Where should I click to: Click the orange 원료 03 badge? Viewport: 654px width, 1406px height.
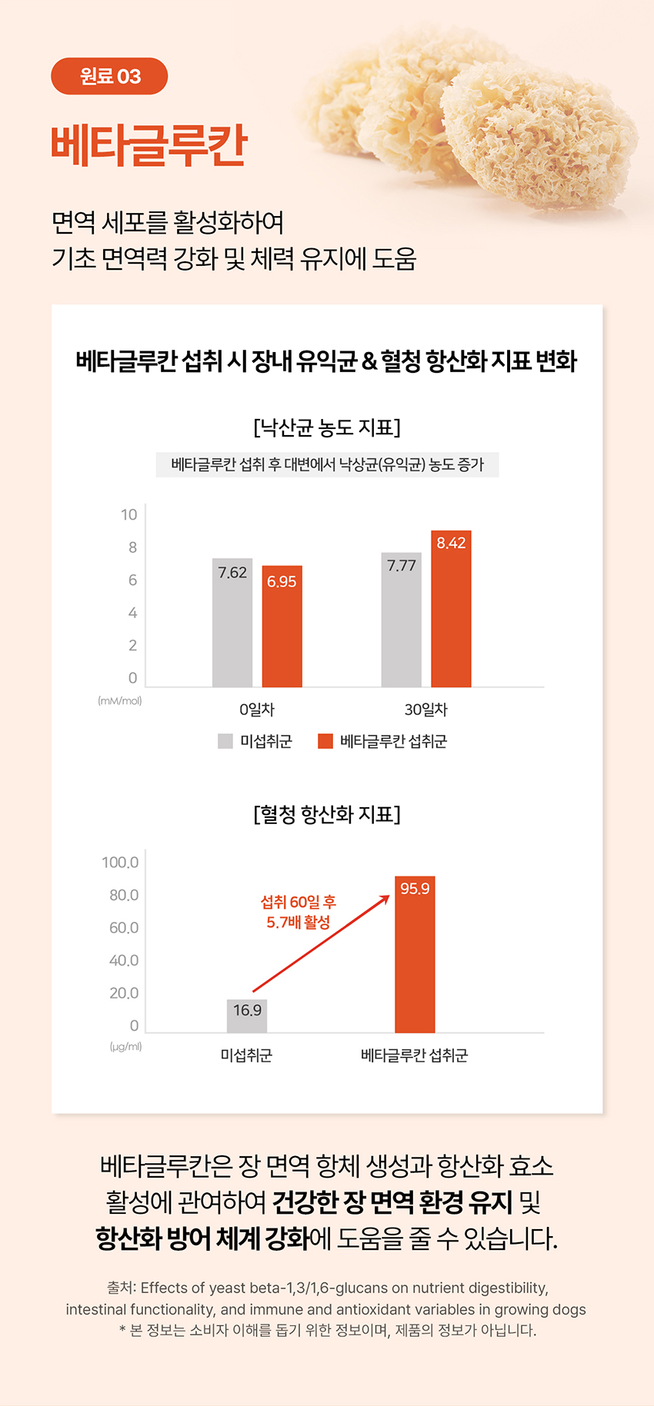pos(109,76)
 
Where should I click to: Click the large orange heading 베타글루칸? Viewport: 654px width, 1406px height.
pos(149,145)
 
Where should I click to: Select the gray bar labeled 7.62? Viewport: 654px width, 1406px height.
pos(232,623)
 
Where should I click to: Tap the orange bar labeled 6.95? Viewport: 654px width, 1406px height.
pos(282,627)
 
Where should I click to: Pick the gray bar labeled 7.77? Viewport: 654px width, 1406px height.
pos(402,620)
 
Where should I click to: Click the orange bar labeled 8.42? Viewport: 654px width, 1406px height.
pos(451,609)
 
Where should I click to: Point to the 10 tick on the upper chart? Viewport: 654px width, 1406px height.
pos(129,515)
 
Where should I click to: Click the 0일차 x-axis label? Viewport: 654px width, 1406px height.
pos(257,710)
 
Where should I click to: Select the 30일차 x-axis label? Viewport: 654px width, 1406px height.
pos(426,710)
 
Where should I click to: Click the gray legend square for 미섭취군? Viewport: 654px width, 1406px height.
pos(225,741)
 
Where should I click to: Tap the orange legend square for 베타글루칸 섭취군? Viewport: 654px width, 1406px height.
pos(325,741)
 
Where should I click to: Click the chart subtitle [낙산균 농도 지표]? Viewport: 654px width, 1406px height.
pos(327,427)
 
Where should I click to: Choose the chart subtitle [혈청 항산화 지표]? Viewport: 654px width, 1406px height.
pos(327,814)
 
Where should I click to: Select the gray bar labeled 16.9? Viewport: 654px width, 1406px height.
pos(247,1016)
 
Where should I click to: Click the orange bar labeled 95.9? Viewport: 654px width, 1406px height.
pos(415,955)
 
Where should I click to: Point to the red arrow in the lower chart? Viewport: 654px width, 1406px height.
pos(321,943)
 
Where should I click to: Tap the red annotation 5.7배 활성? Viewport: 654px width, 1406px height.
pos(299,922)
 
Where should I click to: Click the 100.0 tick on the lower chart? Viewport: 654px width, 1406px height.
pos(120,863)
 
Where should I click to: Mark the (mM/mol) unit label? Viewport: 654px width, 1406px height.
pos(120,701)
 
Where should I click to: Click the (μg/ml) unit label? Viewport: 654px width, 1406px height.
pos(125,1047)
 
